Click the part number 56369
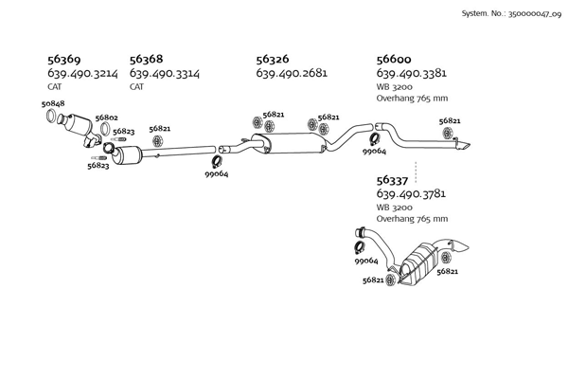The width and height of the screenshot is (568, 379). point(65,59)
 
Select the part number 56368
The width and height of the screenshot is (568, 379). point(149,59)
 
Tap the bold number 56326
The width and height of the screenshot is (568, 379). point(275,59)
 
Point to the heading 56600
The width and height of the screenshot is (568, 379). point(396,59)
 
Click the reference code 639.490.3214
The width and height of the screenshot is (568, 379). point(82,73)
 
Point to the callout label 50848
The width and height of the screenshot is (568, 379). point(54,103)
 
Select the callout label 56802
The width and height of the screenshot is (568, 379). point(106,117)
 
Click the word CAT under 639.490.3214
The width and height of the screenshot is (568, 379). point(55,86)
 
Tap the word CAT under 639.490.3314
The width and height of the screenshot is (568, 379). point(137,86)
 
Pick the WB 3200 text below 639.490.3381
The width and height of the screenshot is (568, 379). point(394,86)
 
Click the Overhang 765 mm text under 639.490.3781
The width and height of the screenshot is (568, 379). point(413,220)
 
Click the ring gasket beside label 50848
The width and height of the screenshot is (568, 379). point(53,117)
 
